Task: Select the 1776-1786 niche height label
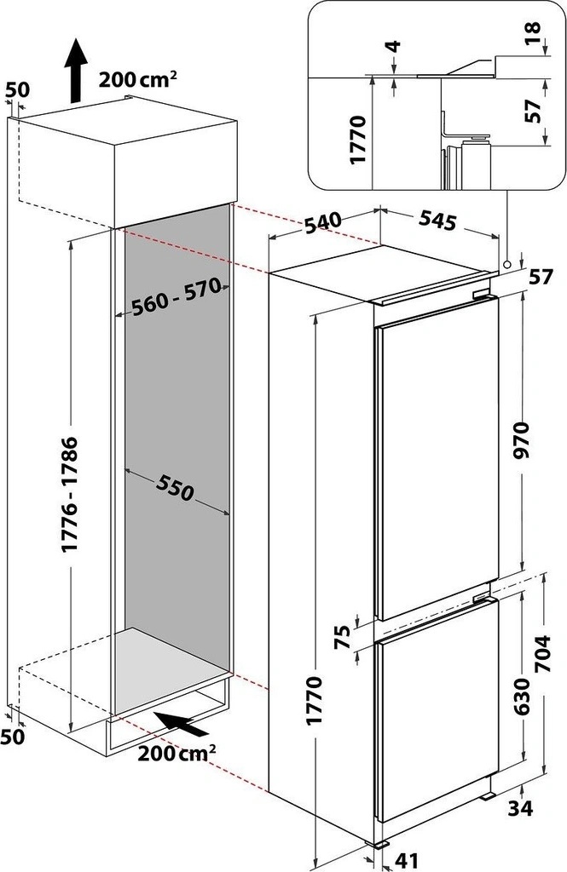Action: [72, 495]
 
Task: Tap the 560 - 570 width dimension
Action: [176, 295]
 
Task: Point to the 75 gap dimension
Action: [345, 637]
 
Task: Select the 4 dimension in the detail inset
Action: [394, 46]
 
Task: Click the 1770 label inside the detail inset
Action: [357, 139]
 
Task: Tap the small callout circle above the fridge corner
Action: [506, 264]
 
